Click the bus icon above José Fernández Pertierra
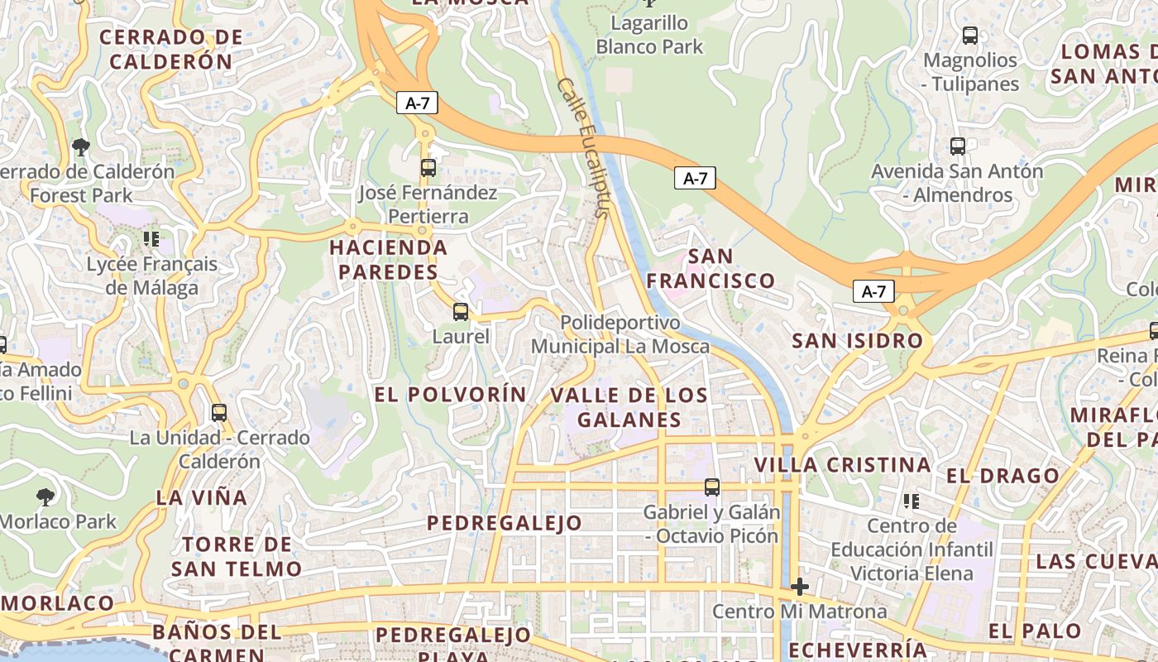(x=428, y=168)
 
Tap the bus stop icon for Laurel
(x=461, y=312)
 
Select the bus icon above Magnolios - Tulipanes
(x=970, y=36)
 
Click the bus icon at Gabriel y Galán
(x=712, y=487)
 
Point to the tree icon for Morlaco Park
(x=45, y=496)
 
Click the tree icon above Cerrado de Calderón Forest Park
(x=81, y=147)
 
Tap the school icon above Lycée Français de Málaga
(x=151, y=239)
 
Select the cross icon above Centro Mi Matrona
(x=799, y=587)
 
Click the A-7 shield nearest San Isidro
(x=873, y=291)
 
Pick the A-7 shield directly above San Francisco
(x=695, y=178)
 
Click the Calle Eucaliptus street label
(x=584, y=147)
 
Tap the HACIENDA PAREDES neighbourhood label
(x=389, y=259)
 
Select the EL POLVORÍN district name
(x=450, y=395)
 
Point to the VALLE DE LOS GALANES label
(x=629, y=407)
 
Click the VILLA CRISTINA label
(x=844, y=464)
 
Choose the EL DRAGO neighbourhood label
(x=1002, y=476)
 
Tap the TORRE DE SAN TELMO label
(x=237, y=556)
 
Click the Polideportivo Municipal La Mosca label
(x=620, y=334)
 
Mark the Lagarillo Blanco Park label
(x=649, y=35)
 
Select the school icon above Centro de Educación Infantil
(x=912, y=501)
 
